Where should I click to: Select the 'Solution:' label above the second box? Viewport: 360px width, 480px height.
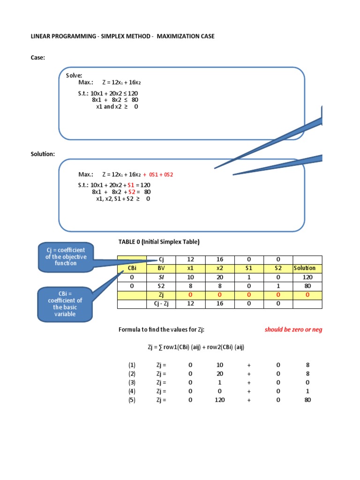[x=43, y=154]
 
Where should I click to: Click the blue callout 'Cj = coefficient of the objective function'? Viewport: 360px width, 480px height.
[x=65, y=257]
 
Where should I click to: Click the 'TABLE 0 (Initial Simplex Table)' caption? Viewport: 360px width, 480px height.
[x=159, y=242]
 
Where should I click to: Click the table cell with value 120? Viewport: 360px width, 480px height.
[x=307, y=277]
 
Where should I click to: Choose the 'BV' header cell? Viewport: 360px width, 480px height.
[x=160, y=268]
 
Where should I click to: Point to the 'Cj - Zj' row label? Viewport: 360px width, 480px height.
[x=160, y=304]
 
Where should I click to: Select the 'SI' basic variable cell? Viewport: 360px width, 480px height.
[x=160, y=277]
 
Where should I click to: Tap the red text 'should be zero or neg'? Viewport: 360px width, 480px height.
[x=293, y=330]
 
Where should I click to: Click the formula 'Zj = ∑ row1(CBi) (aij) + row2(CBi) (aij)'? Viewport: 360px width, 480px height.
[x=193, y=347]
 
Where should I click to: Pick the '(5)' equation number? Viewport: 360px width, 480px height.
[x=132, y=400]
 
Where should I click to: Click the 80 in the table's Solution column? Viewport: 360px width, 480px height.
[x=307, y=286]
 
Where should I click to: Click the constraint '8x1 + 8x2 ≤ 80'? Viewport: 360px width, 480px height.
[x=115, y=100]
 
